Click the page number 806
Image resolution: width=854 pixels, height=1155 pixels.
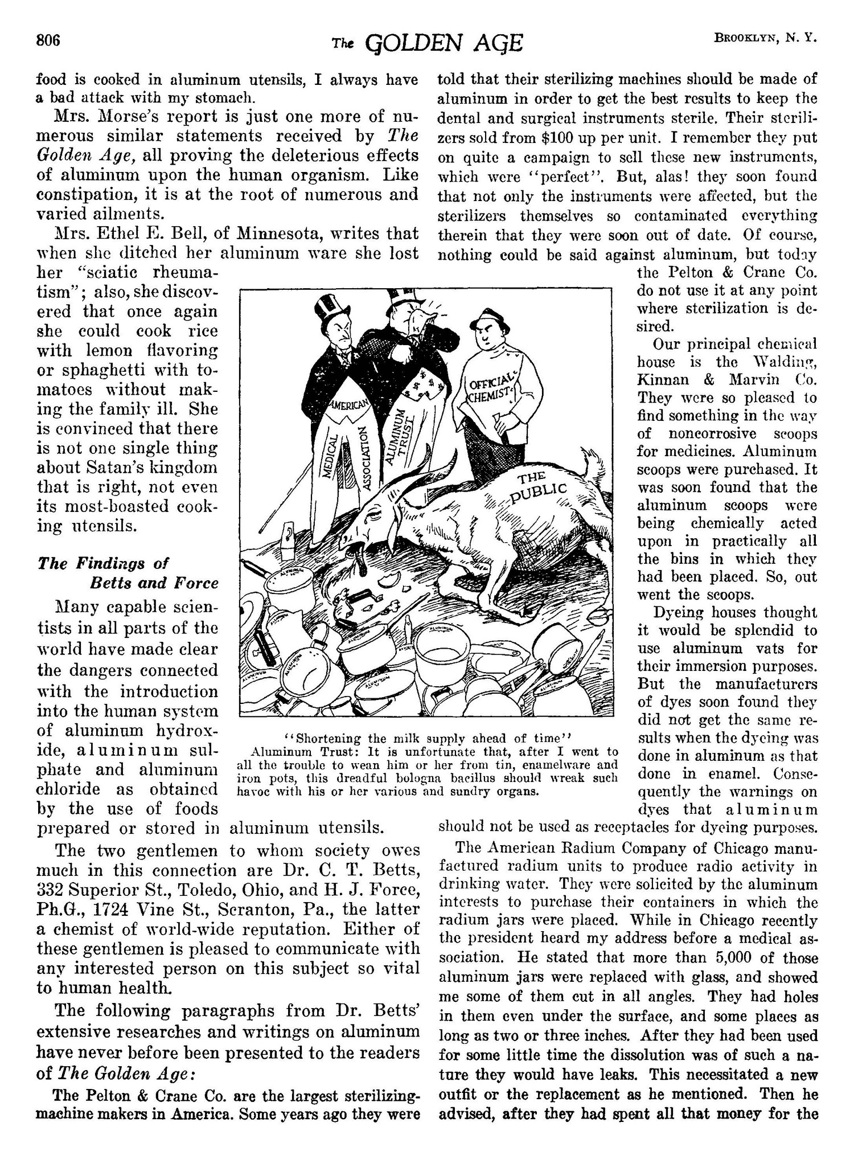coord(48,41)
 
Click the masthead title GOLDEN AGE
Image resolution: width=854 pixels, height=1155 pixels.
coord(444,43)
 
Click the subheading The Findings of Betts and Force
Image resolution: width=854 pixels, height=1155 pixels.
coord(128,573)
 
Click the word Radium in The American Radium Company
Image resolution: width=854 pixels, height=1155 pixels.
coord(584,848)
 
